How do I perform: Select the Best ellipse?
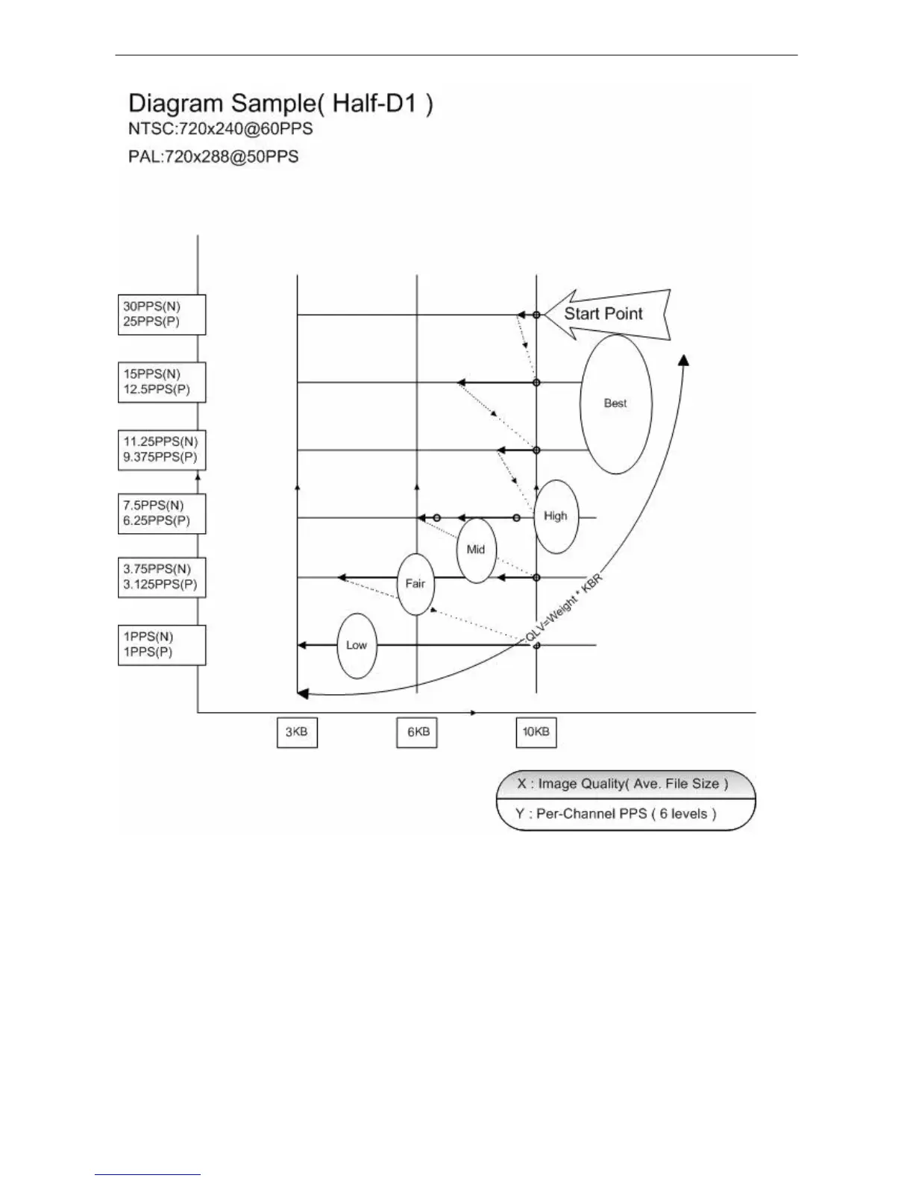coord(616,403)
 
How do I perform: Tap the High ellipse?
coord(556,516)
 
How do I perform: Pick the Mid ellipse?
coord(476,549)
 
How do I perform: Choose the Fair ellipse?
coord(415,584)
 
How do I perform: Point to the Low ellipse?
coord(357,646)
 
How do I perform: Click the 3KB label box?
coord(297,732)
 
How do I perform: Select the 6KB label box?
coord(417,732)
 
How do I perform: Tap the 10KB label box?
coord(536,732)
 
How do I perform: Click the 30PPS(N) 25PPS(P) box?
coord(162,315)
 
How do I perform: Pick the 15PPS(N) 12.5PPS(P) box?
coord(162,382)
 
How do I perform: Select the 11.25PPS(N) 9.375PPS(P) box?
coord(162,450)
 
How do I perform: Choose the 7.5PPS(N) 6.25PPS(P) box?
coord(162,514)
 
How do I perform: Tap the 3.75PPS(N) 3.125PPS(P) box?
coord(162,577)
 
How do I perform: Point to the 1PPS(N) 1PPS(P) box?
coord(162,645)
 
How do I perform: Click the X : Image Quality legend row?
coord(625,784)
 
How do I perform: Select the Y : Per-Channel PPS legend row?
coord(625,814)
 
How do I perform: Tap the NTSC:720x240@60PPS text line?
coord(220,129)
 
